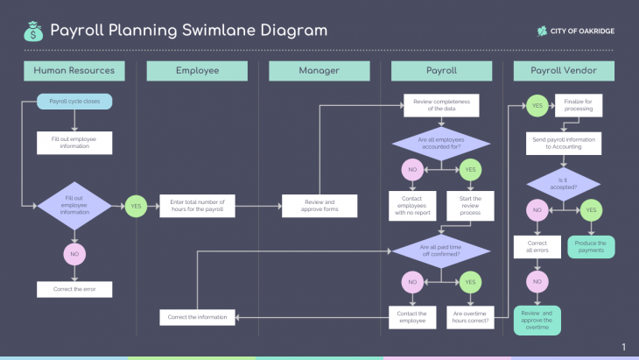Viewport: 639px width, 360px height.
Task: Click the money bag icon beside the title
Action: [33, 32]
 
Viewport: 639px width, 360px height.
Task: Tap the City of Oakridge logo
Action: [576, 32]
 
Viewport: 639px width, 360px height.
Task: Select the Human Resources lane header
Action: [74, 71]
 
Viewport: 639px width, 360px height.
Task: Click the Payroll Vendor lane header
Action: [564, 71]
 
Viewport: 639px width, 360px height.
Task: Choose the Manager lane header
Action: [319, 71]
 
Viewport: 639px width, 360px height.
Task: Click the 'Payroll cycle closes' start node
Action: [74, 102]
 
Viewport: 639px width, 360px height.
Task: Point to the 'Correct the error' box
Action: [74, 288]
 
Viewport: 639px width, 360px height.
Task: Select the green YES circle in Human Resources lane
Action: [136, 207]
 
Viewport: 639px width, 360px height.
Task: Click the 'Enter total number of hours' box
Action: [197, 207]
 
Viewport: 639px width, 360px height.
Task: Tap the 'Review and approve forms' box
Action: [319, 207]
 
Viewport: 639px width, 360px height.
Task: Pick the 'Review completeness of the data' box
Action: [441, 105]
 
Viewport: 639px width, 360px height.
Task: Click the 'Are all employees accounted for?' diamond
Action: [441, 143]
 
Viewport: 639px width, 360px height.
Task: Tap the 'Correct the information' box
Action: [197, 316]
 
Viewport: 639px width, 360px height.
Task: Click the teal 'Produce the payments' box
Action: [591, 247]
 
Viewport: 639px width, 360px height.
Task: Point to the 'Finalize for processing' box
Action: [579, 105]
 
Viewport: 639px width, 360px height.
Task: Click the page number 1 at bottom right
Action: [623, 348]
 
